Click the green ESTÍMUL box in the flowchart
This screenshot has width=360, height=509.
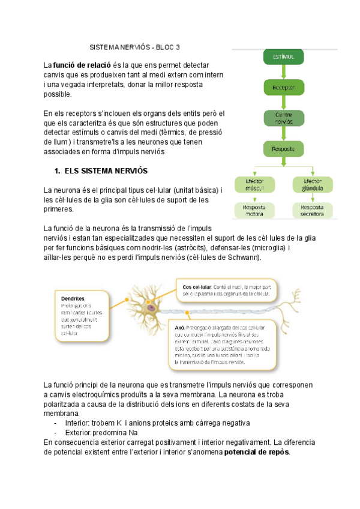coord(284,56)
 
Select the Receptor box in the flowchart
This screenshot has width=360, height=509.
coord(284,87)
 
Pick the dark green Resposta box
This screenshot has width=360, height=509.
coord(284,148)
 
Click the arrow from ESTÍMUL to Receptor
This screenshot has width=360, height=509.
coord(284,71)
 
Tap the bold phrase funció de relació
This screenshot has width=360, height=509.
coord(82,65)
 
